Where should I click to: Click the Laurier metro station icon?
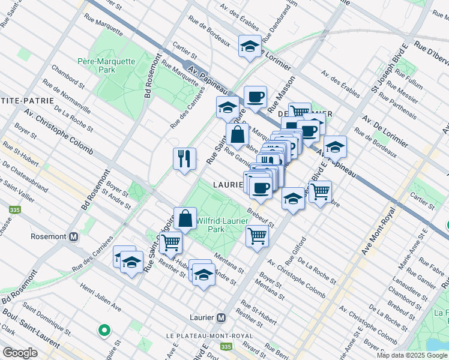[x=221, y=317]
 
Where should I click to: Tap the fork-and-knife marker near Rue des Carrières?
[x=185, y=159]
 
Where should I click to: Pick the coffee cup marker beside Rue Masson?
[x=255, y=97]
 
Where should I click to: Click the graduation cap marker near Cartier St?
[x=250, y=46]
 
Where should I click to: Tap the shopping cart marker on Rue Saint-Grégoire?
[x=171, y=242]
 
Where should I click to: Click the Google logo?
[x=20, y=353]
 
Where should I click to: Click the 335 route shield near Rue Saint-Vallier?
[x=13, y=211]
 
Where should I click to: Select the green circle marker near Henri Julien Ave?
[x=104, y=329]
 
